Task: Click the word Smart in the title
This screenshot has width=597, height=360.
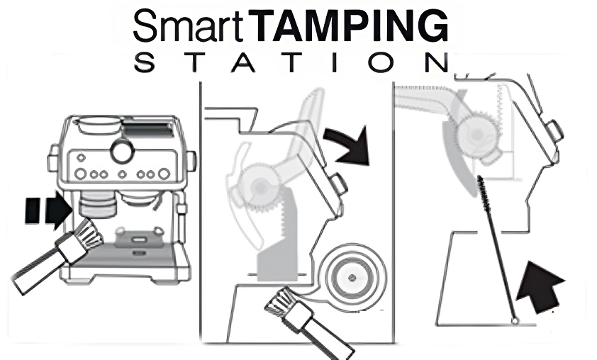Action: pyautogui.click(x=188, y=26)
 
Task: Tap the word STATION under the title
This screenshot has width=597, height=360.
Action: pyautogui.click(x=292, y=63)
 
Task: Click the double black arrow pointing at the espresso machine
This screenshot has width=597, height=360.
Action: pyautogui.click(x=48, y=210)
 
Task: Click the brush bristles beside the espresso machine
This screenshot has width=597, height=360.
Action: pyautogui.click(x=88, y=233)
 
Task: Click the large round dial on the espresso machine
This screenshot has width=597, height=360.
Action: pyautogui.click(x=123, y=150)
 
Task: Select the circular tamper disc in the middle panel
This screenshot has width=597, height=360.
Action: pyautogui.click(x=352, y=277)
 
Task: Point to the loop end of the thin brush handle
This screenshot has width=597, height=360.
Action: pyautogui.click(x=515, y=321)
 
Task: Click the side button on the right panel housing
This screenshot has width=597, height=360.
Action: pyautogui.click(x=554, y=131)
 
